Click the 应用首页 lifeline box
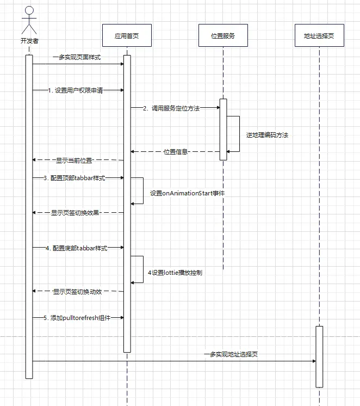click(x=126, y=36)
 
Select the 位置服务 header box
click(x=222, y=36)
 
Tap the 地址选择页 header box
click(x=319, y=36)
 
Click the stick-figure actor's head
click(x=29, y=10)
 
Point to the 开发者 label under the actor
click(x=29, y=41)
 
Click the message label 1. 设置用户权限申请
click(x=75, y=90)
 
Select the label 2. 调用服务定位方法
click(x=171, y=108)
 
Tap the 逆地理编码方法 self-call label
click(x=266, y=135)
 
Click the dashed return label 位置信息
click(x=176, y=152)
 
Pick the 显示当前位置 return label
click(x=74, y=161)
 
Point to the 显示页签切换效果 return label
click(x=75, y=213)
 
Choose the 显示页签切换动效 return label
click(x=78, y=292)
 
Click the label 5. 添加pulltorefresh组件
click(x=77, y=317)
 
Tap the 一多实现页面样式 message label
click(x=76, y=57)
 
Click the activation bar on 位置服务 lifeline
click(x=223, y=130)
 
